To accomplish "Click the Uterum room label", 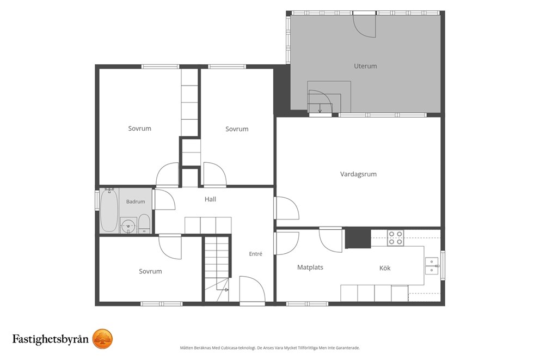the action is click(x=365, y=66).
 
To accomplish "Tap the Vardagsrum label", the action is click(x=358, y=174).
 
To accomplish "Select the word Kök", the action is click(x=385, y=268).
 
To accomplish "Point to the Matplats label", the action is click(x=310, y=267).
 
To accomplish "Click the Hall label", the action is click(x=210, y=199).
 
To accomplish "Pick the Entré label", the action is click(x=255, y=254).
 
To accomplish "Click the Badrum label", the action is click(x=136, y=202).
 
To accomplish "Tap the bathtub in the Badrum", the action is click(x=109, y=210).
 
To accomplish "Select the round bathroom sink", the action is click(x=128, y=225).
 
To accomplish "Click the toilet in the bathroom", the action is click(x=144, y=224).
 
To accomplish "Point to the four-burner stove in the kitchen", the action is click(x=395, y=237).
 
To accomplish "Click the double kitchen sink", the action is click(x=432, y=266).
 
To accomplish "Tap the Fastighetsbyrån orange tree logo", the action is click(x=103, y=339).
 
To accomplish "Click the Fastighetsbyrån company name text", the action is click(x=50, y=339).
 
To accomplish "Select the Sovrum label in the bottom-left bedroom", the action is click(x=150, y=271).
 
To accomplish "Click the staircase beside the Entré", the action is click(x=217, y=269).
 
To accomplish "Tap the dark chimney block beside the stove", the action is click(x=358, y=237).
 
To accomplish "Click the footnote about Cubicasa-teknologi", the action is click(x=269, y=348).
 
